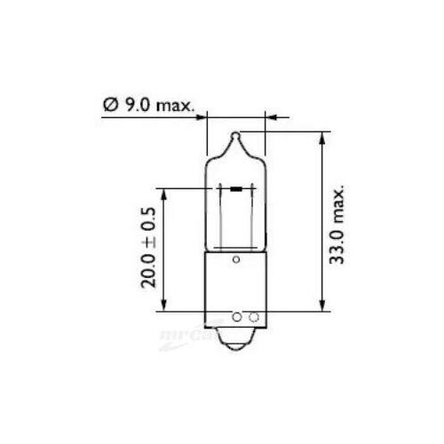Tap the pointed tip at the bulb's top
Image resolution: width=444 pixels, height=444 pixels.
click(236, 137)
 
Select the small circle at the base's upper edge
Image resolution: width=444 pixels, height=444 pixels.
click(236, 260)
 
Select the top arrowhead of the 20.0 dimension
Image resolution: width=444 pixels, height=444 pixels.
click(164, 192)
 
